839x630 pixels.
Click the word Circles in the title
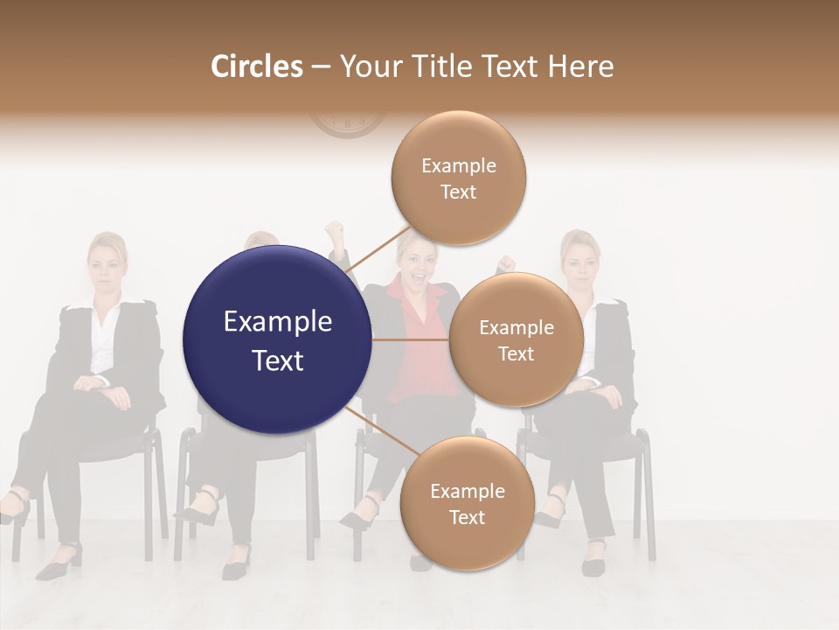(256, 66)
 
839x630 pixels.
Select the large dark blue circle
(277, 339)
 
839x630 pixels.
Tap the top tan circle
(458, 178)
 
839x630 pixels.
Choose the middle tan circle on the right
(516, 339)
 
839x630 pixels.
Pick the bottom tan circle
(467, 503)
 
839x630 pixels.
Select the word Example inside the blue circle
(277, 322)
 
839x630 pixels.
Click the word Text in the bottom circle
(467, 517)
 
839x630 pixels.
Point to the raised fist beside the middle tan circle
(505, 263)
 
